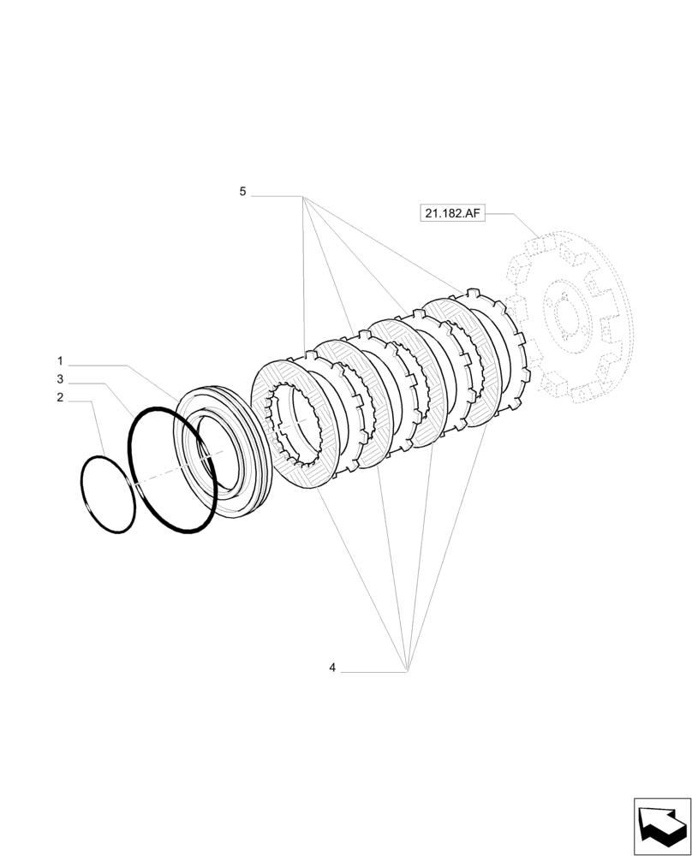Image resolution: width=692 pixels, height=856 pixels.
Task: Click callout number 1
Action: pos(60,360)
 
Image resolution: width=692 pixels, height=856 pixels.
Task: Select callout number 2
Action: pos(60,397)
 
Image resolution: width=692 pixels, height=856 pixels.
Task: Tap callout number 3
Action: pos(60,378)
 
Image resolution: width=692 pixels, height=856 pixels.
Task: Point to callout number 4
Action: pos(332,668)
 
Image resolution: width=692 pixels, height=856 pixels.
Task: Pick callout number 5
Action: pos(242,193)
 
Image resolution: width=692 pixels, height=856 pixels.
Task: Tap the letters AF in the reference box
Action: pos(472,213)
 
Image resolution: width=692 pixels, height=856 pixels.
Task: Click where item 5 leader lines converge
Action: pos(304,197)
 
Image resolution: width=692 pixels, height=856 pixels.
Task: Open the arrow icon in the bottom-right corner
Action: pos(661,826)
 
